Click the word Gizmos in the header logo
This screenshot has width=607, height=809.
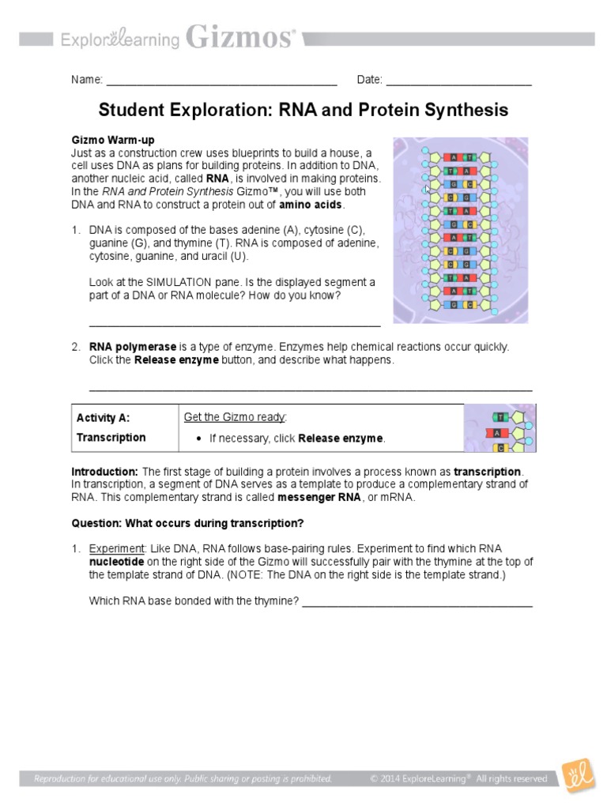240,36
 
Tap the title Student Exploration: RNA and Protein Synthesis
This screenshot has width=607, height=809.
303,110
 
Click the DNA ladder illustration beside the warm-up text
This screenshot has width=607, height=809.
460,229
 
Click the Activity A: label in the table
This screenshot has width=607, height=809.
103,418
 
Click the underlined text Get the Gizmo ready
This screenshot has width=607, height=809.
235,417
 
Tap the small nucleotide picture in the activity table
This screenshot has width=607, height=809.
500,427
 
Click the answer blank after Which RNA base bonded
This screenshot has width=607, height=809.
417,602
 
